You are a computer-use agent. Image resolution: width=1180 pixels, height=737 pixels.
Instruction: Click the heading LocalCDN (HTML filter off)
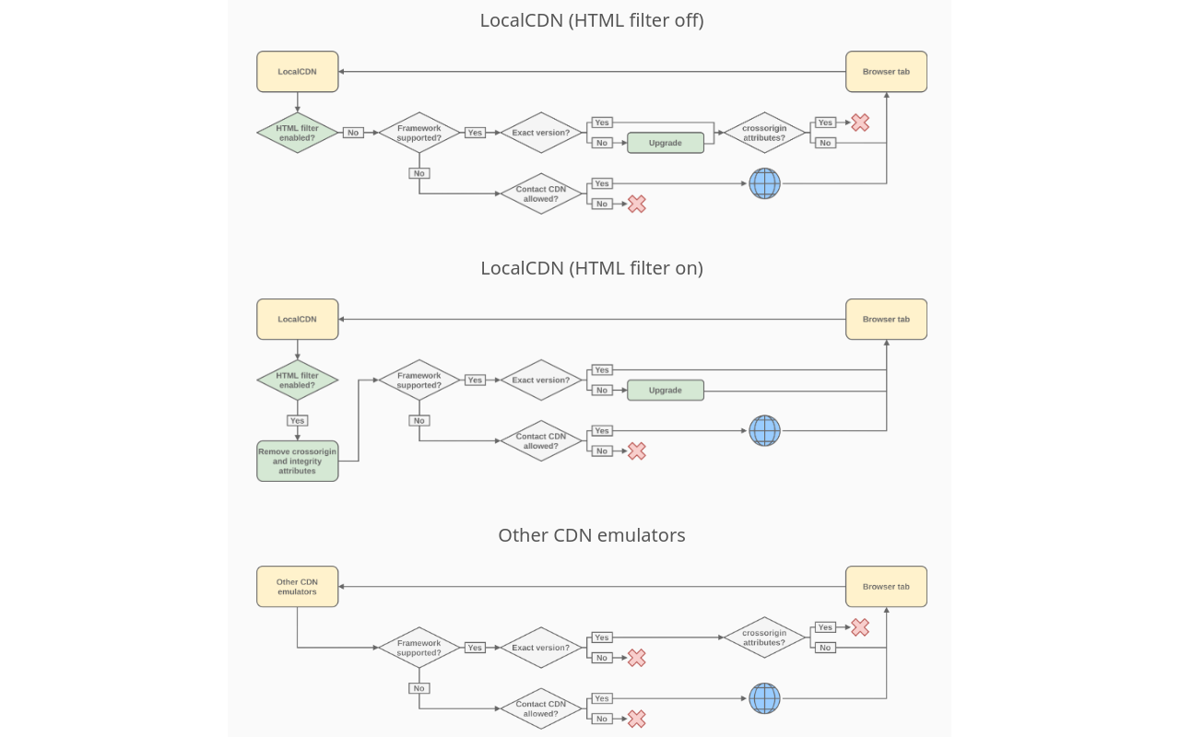[x=591, y=20]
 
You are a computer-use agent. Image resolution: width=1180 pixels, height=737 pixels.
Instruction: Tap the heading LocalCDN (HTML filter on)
[x=591, y=268]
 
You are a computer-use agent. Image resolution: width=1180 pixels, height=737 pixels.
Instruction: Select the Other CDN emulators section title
[x=591, y=535]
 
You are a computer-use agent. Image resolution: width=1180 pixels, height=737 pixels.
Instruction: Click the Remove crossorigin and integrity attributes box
[x=297, y=461]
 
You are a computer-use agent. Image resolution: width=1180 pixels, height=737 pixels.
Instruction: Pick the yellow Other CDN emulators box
[x=297, y=587]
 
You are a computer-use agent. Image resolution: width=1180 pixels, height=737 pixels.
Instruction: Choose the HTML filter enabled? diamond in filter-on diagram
[x=297, y=380]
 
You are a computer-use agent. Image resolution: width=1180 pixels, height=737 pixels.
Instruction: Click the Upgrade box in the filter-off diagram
[x=665, y=143]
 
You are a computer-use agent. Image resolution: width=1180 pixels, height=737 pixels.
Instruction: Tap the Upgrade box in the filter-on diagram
[x=665, y=390]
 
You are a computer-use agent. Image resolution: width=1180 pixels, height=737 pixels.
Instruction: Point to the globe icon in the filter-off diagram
[x=764, y=183]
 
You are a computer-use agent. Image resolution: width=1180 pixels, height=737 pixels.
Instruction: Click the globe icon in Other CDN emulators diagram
[x=764, y=698]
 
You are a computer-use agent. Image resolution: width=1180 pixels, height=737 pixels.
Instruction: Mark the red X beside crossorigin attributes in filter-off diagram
[x=860, y=123]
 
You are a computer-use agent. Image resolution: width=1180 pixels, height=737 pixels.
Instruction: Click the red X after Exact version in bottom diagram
[x=636, y=658]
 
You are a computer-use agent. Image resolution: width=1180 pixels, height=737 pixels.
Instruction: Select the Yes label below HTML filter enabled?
[x=297, y=420]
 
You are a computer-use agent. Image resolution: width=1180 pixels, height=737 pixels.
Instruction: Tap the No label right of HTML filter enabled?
[x=353, y=133]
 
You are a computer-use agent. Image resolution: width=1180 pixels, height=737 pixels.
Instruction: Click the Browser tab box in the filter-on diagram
[x=886, y=319]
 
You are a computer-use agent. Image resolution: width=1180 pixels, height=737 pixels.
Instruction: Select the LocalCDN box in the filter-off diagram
[x=297, y=72]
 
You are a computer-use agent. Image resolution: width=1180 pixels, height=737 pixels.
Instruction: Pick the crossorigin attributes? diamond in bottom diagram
[x=764, y=638]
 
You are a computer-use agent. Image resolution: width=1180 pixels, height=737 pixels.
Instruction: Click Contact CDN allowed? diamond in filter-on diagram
[x=541, y=440]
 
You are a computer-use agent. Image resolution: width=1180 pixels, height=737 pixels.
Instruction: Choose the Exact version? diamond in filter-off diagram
[x=541, y=133]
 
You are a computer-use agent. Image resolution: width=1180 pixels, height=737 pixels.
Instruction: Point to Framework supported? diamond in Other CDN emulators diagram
[x=419, y=648]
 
